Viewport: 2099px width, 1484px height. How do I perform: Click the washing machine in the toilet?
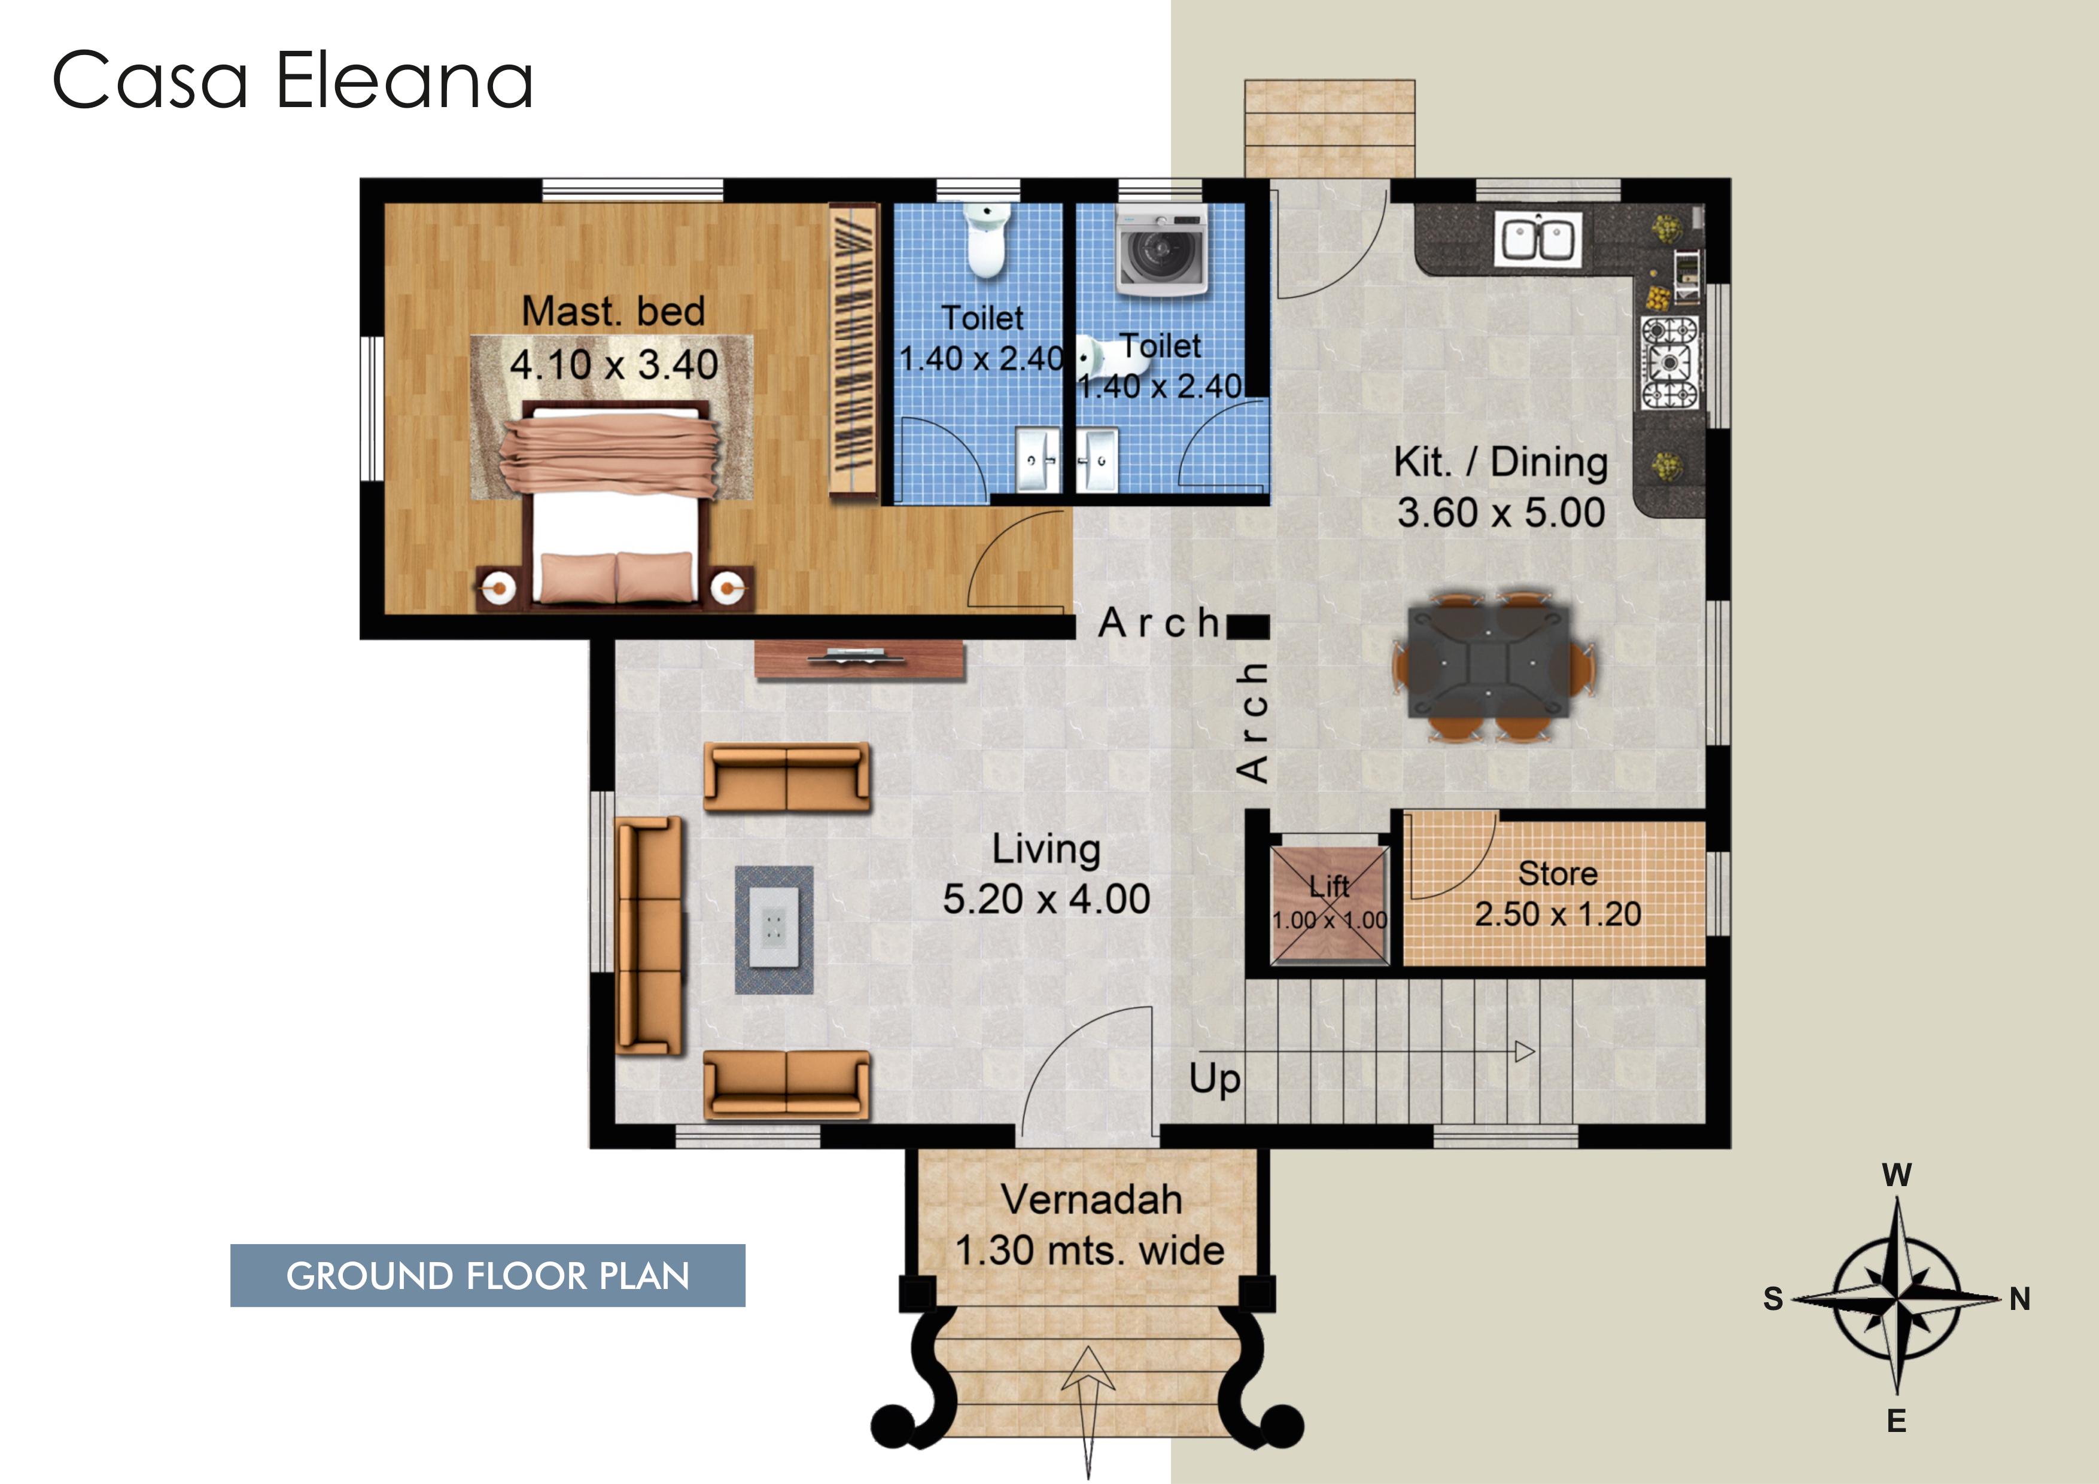click(1161, 251)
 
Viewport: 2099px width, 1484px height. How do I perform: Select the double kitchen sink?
click(1538, 239)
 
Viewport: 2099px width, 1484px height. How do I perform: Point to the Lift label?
click(1330, 885)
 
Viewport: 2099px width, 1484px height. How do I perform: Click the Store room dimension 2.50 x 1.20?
click(1557, 914)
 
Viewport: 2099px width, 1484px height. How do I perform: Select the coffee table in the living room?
click(774, 930)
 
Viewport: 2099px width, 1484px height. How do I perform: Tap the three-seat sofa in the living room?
click(649, 935)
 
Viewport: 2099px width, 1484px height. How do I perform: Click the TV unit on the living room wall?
click(859, 659)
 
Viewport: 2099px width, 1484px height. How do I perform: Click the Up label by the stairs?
click(1215, 1079)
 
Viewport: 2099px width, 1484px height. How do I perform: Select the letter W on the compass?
click(1897, 1175)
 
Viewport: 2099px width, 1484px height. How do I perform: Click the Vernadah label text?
click(1091, 1200)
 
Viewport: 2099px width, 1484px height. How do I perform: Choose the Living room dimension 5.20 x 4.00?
click(1047, 899)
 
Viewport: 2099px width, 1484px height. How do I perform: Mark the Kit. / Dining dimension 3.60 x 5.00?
click(1501, 513)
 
